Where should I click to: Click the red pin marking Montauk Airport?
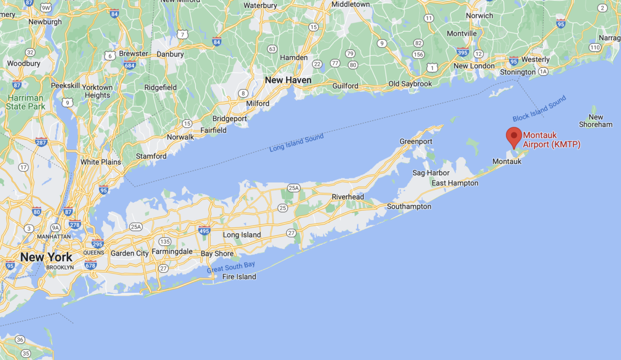point(513,136)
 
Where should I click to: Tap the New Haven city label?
point(288,80)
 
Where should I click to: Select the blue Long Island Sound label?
point(297,143)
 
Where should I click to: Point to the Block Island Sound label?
point(539,109)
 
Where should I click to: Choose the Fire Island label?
point(239,277)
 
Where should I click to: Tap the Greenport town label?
point(416,141)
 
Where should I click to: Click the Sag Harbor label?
point(431,173)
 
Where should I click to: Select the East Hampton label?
point(455,183)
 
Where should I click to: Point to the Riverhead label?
point(348,197)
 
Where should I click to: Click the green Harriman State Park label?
point(26,102)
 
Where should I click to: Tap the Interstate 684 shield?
point(130,65)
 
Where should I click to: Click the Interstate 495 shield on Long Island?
point(204,230)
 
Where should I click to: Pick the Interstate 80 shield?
point(36,211)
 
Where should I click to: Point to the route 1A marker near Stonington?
point(543,72)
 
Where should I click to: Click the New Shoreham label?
point(596,121)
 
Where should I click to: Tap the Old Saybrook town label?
point(410,84)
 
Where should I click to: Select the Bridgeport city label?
point(229,118)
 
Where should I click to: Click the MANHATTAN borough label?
point(54,236)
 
